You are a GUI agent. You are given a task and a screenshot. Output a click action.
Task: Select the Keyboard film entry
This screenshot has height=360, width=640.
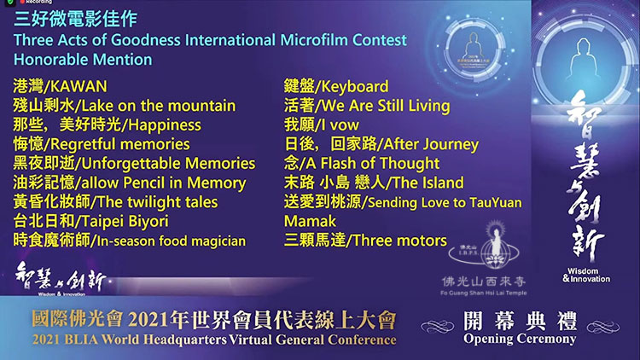(x=355, y=86)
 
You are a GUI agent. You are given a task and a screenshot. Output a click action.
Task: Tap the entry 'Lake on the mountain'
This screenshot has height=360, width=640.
(x=159, y=106)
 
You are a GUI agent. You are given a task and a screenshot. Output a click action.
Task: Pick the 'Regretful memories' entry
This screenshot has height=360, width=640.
(x=120, y=144)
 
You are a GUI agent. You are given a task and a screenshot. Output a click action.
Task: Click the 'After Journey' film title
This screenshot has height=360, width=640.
(x=432, y=144)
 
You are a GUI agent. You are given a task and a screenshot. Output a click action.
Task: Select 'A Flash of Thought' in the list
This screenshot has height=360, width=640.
(x=373, y=164)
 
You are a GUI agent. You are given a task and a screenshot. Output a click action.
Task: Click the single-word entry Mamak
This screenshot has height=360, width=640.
(x=311, y=222)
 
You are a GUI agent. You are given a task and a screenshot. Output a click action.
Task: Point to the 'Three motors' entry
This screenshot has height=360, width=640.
(x=400, y=241)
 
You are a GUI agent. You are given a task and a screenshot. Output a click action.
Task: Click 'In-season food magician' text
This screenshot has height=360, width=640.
(x=172, y=241)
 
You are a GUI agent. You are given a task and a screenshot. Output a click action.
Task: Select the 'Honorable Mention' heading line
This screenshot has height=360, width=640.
(x=83, y=60)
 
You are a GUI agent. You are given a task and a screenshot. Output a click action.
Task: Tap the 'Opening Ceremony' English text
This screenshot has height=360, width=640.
(x=520, y=339)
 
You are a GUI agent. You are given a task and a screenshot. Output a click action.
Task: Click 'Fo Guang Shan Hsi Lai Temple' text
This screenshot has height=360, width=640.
(x=484, y=293)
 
